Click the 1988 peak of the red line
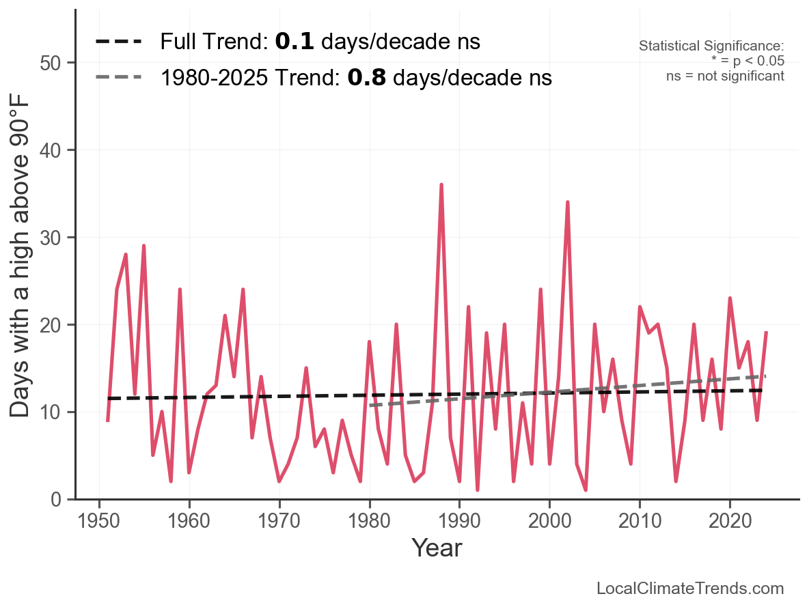[x=441, y=185]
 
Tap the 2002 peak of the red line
[x=567, y=202]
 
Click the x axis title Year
[x=437, y=548]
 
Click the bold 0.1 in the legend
[x=294, y=42]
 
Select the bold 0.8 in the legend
[x=366, y=78]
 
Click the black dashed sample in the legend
[x=118, y=42]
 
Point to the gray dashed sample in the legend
[x=118, y=77]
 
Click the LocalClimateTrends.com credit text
[x=690, y=589]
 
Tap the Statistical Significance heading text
[x=711, y=46]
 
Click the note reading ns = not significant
[x=725, y=76]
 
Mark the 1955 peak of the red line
[x=143, y=246]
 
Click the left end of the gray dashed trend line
[x=370, y=406]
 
